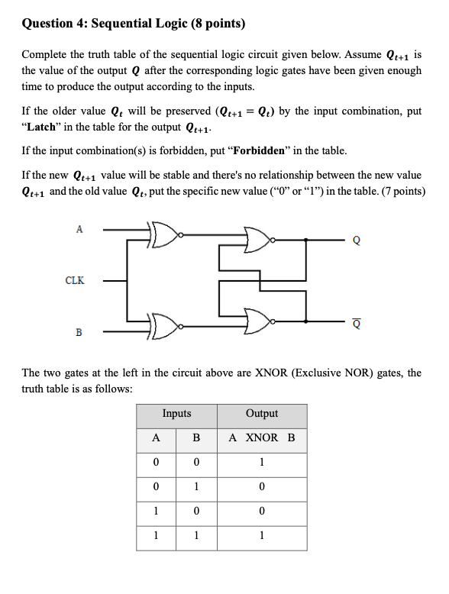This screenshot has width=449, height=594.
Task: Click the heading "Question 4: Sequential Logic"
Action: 133,23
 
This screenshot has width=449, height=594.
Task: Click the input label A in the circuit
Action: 79,228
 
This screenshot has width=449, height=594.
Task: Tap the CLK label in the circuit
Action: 74,280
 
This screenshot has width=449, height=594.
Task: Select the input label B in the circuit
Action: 78,332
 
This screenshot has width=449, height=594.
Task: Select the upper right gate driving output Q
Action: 258,238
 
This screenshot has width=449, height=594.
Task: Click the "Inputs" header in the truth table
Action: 176,413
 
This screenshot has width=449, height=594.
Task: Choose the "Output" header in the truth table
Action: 262,413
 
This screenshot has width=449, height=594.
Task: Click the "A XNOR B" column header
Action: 262,438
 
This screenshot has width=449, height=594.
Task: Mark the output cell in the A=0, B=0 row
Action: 262,463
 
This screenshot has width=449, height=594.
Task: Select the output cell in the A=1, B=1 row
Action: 262,536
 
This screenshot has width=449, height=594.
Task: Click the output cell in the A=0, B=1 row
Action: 262,487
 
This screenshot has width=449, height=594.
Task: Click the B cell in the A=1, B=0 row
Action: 196,512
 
